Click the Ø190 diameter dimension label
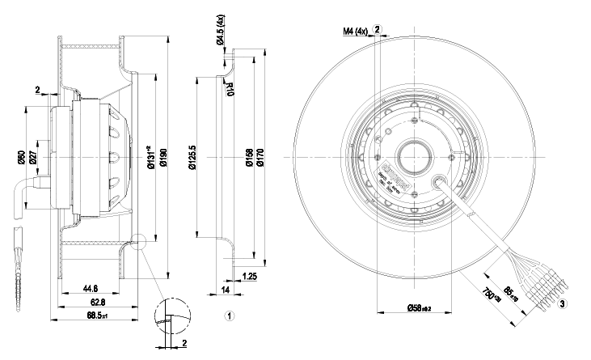163,155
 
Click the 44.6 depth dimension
91,287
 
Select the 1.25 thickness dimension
251,276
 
